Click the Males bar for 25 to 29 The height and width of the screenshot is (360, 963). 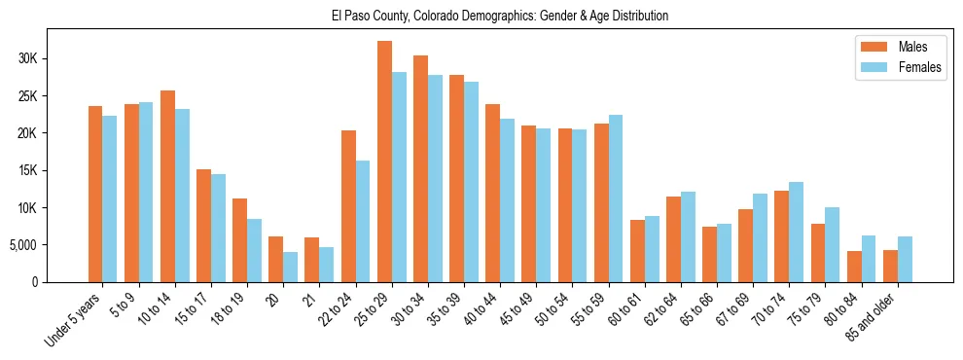tap(384, 162)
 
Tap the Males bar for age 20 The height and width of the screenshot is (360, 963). tap(276, 259)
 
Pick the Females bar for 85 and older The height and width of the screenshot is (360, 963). tap(905, 259)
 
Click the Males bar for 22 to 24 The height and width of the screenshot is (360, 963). tap(348, 206)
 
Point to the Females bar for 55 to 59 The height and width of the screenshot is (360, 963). tap(616, 198)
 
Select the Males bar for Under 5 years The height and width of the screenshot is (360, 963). tap(95, 195)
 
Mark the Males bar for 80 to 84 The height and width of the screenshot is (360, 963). tap(854, 267)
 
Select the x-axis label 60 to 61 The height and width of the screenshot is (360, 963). tap(630, 307)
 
